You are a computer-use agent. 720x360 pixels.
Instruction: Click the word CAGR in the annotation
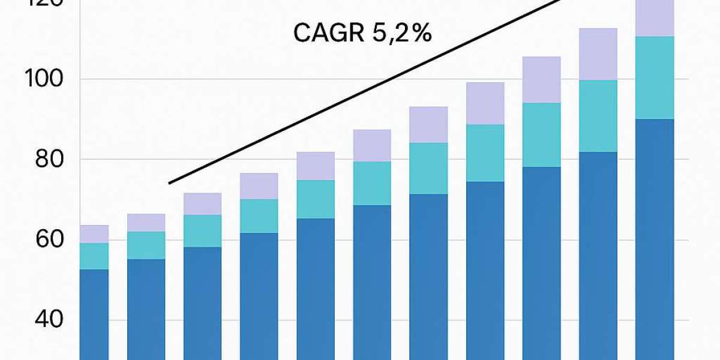click(327, 34)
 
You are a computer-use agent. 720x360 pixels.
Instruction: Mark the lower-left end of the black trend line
click(170, 183)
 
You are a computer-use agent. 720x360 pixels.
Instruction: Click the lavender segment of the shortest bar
click(94, 234)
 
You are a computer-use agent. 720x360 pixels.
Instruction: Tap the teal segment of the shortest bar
click(94, 256)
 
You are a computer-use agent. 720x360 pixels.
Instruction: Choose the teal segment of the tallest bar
click(655, 78)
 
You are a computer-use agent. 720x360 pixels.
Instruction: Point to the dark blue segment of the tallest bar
click(655, 240)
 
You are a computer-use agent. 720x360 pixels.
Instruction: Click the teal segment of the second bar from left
click(146, 245)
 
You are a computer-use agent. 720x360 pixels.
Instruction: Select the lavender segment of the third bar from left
click(202, 204)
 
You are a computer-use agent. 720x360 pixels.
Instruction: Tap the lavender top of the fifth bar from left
click(316, 166)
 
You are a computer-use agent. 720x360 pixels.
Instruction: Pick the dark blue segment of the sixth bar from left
click(372, 282)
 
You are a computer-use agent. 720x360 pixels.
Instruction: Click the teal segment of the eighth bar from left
click(485, 153)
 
